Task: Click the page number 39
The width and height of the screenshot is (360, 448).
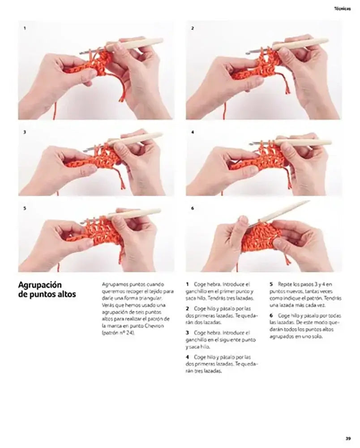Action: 348,438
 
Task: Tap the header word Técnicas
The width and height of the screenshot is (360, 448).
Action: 343,8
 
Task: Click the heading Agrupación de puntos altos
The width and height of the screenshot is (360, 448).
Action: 47,289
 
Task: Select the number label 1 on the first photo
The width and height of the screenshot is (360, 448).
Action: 25,28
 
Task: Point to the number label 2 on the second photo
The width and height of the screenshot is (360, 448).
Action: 193,28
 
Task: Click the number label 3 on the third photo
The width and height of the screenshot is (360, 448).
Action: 25,133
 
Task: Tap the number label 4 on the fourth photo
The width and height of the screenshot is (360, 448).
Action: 193,133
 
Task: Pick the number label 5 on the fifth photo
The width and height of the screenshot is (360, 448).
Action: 25,208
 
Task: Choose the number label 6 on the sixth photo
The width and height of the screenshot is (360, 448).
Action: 193,208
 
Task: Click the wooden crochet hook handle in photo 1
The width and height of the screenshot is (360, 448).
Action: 139,43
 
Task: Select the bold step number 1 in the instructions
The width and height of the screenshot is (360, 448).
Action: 187,284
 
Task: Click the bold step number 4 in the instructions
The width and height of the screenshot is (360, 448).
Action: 187,357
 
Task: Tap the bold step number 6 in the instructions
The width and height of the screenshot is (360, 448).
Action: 271,315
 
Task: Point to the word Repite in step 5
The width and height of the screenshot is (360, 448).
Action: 285,284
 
